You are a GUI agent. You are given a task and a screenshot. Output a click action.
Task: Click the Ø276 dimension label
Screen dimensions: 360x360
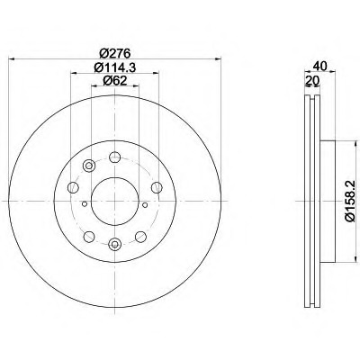[115, 53]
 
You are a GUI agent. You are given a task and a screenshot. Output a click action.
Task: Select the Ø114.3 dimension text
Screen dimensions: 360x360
[115, 67]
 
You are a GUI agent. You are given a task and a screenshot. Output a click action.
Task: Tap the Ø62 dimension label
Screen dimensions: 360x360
[115, 80]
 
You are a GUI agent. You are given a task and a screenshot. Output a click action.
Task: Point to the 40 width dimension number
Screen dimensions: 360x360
[319, 66]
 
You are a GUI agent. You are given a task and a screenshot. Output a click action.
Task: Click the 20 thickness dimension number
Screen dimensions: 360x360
[312, 80]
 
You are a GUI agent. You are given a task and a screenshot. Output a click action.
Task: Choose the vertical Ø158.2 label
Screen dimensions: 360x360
[350, 201]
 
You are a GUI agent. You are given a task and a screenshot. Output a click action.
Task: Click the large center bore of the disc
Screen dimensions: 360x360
[115, 201]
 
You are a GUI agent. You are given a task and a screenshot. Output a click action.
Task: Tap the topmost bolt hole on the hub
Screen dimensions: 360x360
[114, 157]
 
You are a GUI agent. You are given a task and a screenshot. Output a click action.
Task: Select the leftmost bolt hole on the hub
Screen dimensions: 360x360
[73, 187]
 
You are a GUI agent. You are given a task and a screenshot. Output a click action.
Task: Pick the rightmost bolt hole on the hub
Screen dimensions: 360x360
[157, 187]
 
